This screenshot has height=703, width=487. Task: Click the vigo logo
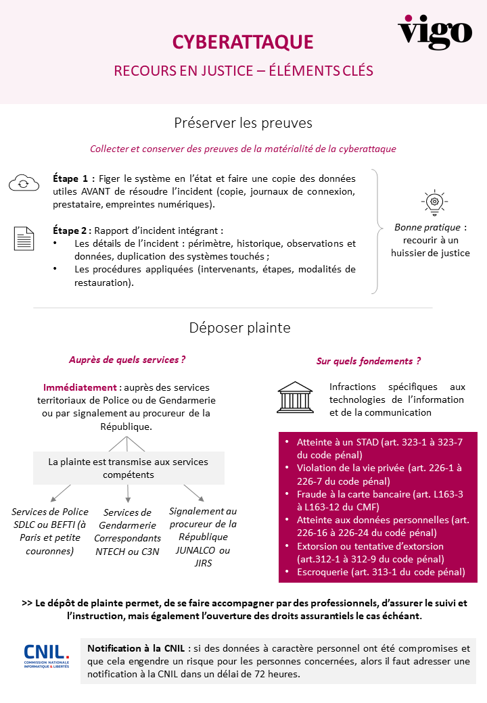(435, 31)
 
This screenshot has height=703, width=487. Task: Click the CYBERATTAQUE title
(243, 42)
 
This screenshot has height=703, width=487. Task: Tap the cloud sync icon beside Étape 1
(24, 183)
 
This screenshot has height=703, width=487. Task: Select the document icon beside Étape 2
(24, 239)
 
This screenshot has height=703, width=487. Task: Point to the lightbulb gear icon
(434, 201)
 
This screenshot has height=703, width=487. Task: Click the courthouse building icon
(295, 397)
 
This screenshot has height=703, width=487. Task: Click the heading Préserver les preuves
(243, 123)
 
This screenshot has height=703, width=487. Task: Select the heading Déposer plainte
(240, 328)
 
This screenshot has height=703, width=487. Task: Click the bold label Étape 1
(70, 179)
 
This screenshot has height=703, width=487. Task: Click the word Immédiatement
(80, 387)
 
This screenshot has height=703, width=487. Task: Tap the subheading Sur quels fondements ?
(369, 361)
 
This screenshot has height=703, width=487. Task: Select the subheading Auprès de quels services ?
(127, 360)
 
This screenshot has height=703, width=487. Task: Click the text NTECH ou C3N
(128, 551)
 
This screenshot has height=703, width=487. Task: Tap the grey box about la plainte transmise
(128, 468)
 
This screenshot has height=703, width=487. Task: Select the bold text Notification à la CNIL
(137, 648)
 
